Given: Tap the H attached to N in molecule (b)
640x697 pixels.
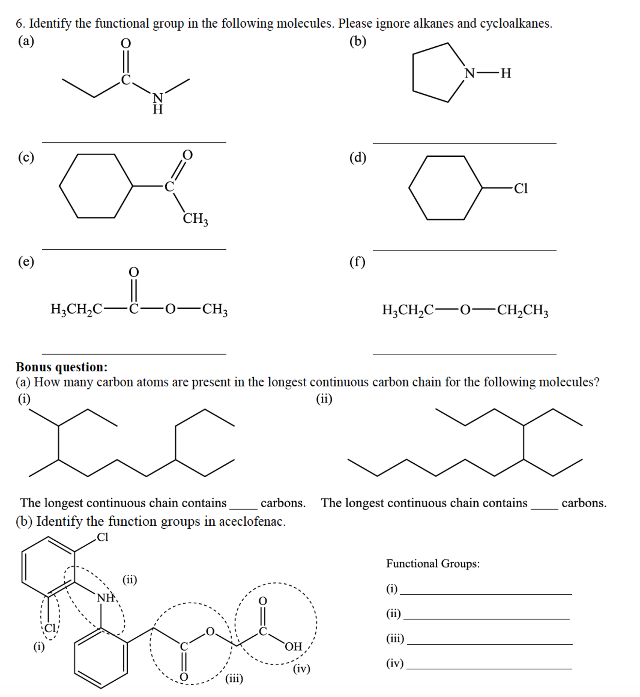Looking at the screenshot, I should pos(506,73).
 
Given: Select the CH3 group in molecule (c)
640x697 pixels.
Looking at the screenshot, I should pos(195,219).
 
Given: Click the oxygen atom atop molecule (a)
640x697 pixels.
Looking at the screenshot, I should pos(126,44).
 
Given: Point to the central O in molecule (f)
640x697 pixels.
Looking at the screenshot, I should pos(465,310).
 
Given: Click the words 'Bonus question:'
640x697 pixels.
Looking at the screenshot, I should pos(62,367).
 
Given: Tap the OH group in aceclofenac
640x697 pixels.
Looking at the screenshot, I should pos(294,646).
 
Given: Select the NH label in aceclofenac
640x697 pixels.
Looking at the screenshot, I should pos(105,598).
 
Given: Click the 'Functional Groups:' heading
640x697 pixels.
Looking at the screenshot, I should pos(433,563).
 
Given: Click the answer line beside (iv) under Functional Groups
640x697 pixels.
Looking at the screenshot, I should pos(489,669).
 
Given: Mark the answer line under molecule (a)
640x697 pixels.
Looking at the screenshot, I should pos(134,142).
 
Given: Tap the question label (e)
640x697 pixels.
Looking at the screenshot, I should pos(26,262).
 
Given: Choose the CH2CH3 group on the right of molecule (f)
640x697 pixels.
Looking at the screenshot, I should pos(523,310).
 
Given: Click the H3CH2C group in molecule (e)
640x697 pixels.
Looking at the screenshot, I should pos(77,309).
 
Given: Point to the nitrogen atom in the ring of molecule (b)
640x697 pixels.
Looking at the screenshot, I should pos(469,74).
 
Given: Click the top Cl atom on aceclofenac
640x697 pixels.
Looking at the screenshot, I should pos(102,537).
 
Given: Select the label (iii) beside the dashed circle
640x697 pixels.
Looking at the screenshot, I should pos(234,678).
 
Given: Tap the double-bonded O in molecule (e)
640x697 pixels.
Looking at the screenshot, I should pos(134,272).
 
